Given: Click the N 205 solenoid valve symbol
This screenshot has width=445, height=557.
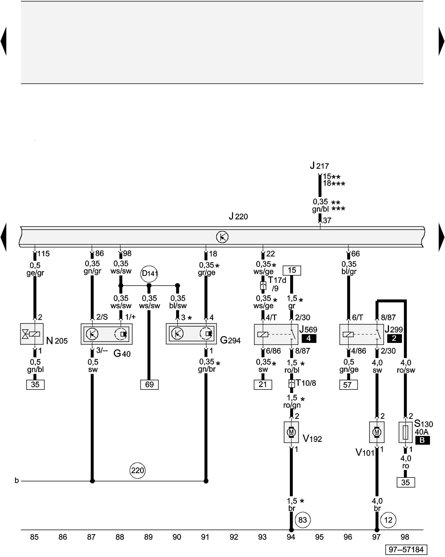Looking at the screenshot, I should point(32,334).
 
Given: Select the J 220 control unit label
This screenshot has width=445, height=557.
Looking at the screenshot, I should point(238,216).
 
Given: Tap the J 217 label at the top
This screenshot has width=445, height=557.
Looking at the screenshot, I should point(319,166).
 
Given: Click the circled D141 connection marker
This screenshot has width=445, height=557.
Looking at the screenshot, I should point(149,273).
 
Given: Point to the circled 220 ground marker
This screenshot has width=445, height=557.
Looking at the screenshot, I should point(137,470).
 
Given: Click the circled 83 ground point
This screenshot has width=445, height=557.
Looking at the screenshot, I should point(303,520).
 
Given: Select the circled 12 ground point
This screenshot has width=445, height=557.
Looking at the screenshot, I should point(388,520).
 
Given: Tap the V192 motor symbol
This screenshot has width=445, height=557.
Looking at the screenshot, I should point(291,432).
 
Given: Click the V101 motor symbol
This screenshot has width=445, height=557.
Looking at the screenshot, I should point(377,432).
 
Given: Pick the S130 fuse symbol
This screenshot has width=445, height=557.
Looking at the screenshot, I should point(406,432).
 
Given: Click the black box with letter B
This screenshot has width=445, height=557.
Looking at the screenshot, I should point(422,440).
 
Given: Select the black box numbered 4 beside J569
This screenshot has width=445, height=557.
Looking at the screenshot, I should point(309,338).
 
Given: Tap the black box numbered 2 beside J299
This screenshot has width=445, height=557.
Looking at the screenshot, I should point(394,338).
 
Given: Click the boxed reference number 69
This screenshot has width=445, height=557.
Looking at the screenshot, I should point(149,385).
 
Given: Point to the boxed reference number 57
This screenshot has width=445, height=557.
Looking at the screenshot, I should point(348,385).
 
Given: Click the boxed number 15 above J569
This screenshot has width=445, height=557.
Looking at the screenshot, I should point(292,270).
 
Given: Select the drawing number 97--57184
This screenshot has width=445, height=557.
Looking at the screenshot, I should point(406,549).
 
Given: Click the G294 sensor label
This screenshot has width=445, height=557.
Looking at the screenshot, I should point(230,340).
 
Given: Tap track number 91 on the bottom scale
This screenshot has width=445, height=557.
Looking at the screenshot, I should point(205,537).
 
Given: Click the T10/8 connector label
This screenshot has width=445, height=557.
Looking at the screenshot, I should point(306,383).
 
